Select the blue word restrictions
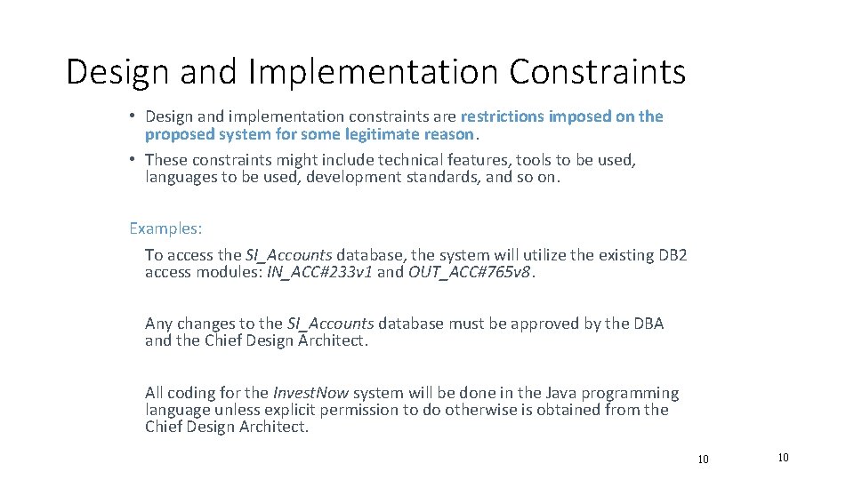pyautogui.click(x=503, y=116)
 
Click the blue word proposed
pyautogui.click(x=178, y=134)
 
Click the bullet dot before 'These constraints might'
pyautogui.click(x=132, y=160)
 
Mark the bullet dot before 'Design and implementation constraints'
pyautogui.click(x=132, y=116)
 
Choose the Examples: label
pyautogui.click(x=165, y=228)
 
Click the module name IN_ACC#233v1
pyautogui.click(x=320, y=272)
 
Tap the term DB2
pyautogui.click(x=673, y=255)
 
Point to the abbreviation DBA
pyautogui.click(x=648, y=324)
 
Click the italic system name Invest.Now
pyautogui.click(x=310, y=393)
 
